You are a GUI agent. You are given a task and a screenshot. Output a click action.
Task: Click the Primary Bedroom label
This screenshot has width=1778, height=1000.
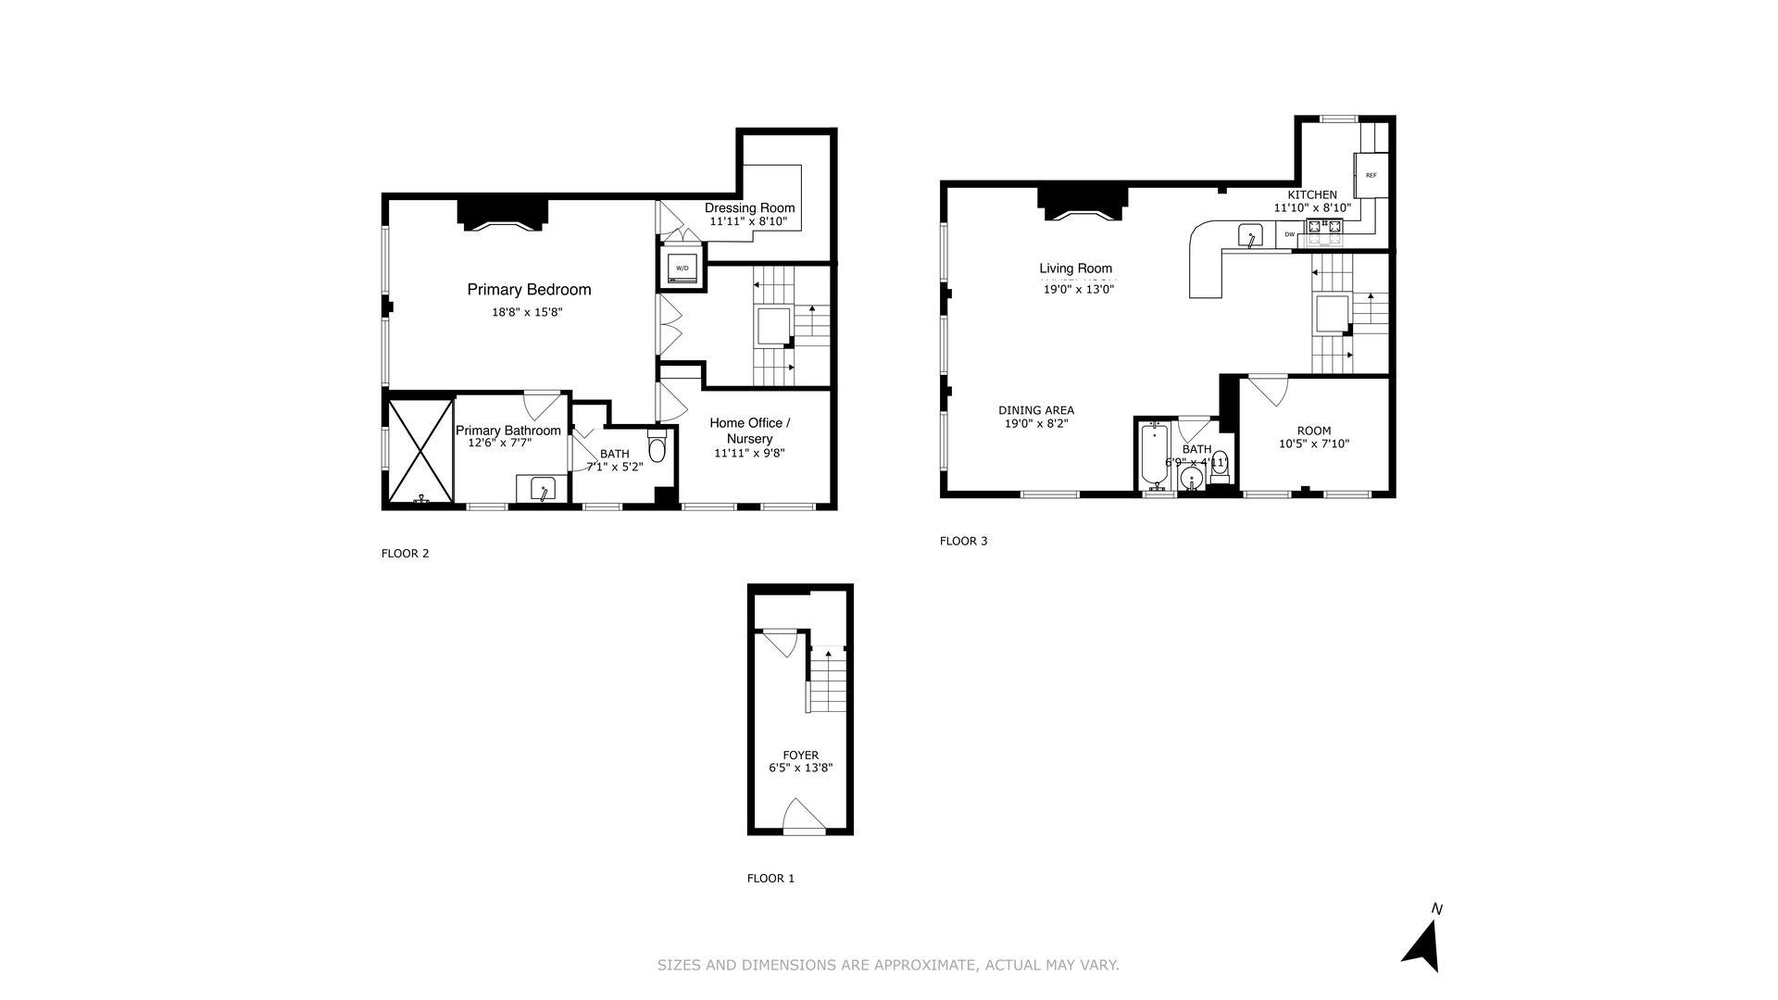click(x=529, y=290)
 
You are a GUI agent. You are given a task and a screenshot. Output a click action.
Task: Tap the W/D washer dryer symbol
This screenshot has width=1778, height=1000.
click(x=682, y=268)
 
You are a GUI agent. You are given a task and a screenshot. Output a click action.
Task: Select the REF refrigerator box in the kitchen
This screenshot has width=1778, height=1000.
click(x=1371, y=175)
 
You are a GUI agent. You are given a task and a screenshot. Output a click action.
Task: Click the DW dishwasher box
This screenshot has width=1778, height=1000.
click(x=1289, y=234)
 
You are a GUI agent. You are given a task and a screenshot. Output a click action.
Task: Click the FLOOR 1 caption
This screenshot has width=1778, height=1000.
click(x=770, y=878)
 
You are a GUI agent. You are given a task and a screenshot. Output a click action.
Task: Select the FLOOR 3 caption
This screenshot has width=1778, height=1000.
click(x=963, y=541)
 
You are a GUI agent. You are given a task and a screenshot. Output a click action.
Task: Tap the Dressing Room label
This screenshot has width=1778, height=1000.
click(x=749, y=207)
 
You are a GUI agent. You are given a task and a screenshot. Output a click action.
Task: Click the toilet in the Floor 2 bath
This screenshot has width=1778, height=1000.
click(x=657, y=448)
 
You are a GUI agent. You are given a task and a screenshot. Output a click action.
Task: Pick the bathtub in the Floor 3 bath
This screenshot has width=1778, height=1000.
click(x=1155, y=455)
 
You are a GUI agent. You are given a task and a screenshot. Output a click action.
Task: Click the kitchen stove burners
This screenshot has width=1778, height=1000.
click(x=1324, y=226)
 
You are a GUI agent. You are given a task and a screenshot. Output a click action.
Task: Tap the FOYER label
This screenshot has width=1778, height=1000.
click(x=800, y=756)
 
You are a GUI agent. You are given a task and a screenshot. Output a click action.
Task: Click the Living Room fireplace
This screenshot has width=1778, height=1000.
click(x=1083, y=205)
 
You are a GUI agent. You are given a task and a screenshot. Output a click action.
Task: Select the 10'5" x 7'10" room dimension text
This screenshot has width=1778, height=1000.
click(x=1313, y=444)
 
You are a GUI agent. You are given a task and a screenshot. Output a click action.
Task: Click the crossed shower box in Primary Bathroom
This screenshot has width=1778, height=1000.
click(x=420, y=451)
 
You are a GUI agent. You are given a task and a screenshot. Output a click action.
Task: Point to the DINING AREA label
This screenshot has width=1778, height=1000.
click(x=1036, y=410)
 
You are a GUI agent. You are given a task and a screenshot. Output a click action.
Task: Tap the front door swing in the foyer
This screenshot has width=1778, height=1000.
click(x=803, y=817)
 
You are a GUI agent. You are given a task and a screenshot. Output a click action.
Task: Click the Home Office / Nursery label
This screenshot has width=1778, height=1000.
click(x=749, y=431)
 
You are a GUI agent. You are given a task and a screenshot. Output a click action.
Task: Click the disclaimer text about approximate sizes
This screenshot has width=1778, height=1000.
click(x=888, y=965)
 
